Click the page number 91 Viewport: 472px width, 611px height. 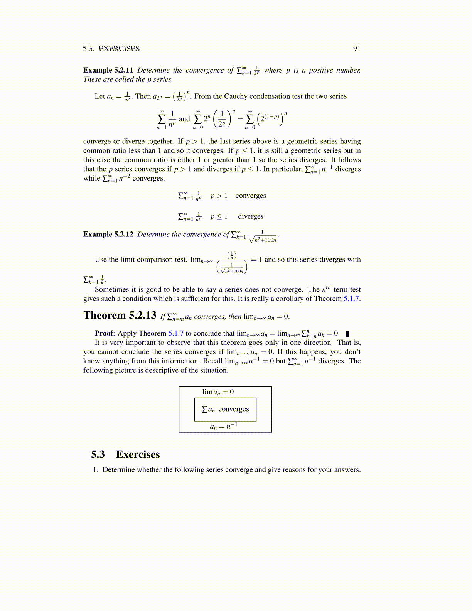(x=357, y=49)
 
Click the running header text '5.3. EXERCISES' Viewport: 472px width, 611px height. (x=111, y=49)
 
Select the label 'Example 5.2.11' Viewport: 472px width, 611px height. (x=108, y=70)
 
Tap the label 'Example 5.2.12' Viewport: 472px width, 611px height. (x=108, y=235)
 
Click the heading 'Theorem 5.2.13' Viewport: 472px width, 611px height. (x=120, y=316)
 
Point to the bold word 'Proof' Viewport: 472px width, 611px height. (x=104, y=333)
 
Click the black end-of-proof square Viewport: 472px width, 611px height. (x=347, y=334)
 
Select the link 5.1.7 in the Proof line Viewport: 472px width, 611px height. (x=176, y=333)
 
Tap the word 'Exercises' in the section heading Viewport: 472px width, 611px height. (x=138, y=454)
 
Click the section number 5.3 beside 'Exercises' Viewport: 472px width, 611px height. (x=98, y=454)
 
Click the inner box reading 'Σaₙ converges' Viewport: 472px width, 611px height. (x=225, y=409)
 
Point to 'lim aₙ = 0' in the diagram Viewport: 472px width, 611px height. (x=218, y=392)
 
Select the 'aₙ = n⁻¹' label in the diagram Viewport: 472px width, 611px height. (x=224, y=426)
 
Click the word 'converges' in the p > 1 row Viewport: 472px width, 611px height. (x=251, y=196)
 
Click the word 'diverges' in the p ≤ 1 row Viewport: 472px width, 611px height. (x=251, y=216)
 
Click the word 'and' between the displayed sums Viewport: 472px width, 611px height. (x=184, y=119)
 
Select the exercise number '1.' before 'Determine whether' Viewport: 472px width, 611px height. (x=96, y=470)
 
